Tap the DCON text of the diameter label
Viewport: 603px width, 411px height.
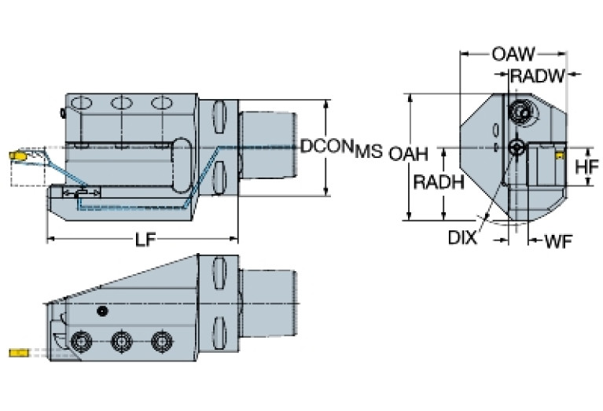pos(326,147)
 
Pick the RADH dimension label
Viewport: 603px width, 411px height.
pos(437,182)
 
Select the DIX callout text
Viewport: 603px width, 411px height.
pos(462,237)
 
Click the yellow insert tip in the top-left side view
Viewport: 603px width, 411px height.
pos(17,157)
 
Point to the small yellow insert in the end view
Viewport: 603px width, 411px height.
pos(559,156)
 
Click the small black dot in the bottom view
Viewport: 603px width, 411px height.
pos(101,312)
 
